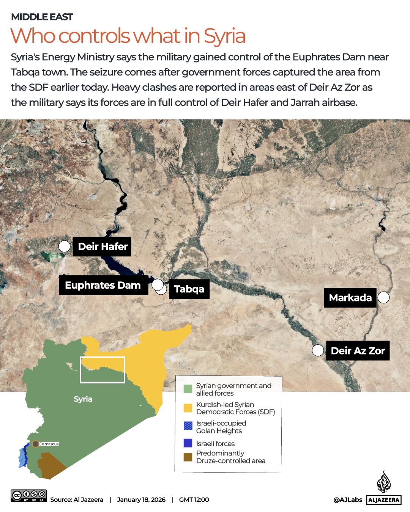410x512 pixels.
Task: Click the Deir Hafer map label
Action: (102, 247)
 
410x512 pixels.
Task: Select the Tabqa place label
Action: (189, 289)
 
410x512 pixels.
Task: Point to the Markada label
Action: (350, 297)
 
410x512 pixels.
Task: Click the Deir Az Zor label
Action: (358, 351)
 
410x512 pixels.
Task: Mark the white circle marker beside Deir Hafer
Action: (65, 247)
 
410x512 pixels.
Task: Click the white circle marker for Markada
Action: (384, 297)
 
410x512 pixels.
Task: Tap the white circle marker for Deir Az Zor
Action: (318, 350)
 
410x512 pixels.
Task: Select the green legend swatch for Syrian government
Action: (188, 389)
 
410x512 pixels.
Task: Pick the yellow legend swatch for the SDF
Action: (188, 408)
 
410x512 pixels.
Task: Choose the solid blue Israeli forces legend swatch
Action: (188, 443)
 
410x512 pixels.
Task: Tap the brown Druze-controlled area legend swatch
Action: (188, 457)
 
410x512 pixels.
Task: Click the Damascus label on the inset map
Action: (49, 444)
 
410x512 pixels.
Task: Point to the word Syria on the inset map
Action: (83, 399)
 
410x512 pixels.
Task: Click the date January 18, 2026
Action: (141, 499)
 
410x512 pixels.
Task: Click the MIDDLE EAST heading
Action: (42, 17)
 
